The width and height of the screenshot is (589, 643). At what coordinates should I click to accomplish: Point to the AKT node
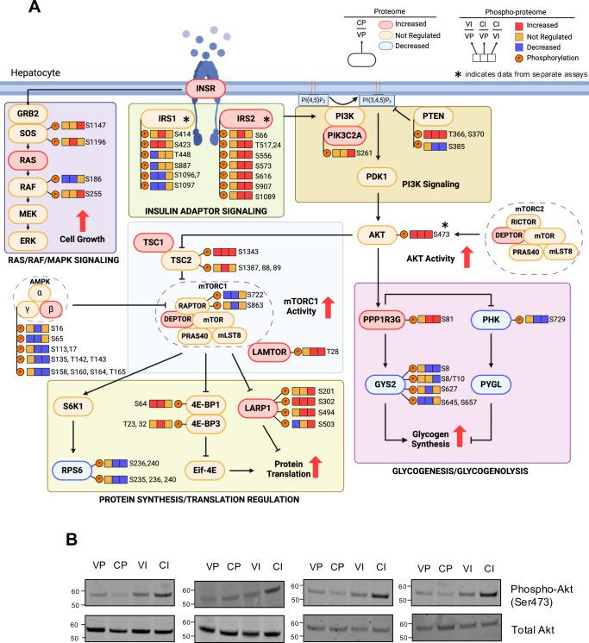[x=378, y=234]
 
